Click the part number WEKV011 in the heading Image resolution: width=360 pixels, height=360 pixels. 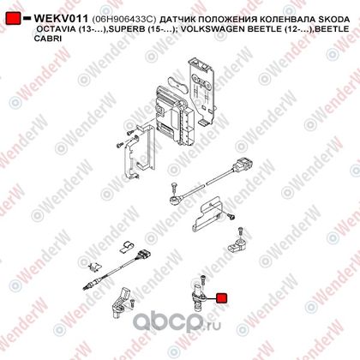[61, 19]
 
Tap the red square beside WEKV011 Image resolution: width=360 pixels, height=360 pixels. [13, 18]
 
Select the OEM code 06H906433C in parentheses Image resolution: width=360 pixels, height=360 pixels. [124, 20]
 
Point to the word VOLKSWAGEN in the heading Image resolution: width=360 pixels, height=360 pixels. [213, 29]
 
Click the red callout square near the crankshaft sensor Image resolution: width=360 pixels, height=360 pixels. [222, 298]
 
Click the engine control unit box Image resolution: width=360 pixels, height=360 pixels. [173, 114]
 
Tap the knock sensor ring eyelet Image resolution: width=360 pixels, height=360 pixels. [173, 199]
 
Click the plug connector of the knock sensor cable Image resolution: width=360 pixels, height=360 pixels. [243, 165]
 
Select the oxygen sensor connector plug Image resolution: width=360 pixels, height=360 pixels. [142, 255]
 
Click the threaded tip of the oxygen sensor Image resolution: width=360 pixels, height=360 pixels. [85, 287]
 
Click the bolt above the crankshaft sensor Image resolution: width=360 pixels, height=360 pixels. [203, 279]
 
